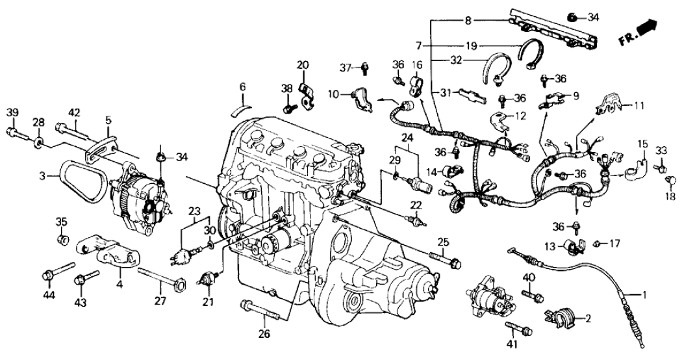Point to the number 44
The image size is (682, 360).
tap(49, 296)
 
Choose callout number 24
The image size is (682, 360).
tap(407, 137)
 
